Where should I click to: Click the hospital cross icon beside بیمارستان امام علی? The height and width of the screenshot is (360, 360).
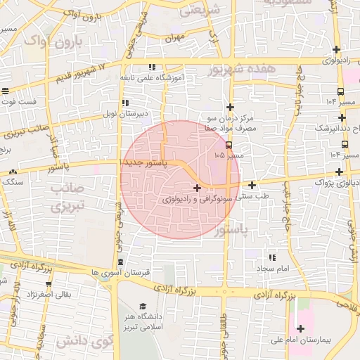click(301, 329)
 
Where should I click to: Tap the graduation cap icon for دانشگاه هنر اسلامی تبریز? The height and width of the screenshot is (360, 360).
click(143, 307)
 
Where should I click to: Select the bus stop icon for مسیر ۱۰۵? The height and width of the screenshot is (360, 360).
click(229, 145)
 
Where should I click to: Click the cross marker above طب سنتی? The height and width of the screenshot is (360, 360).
click(252, 186)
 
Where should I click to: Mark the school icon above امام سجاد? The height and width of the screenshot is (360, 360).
click(271, 257)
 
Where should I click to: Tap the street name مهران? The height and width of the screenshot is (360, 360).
click(176, 37)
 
